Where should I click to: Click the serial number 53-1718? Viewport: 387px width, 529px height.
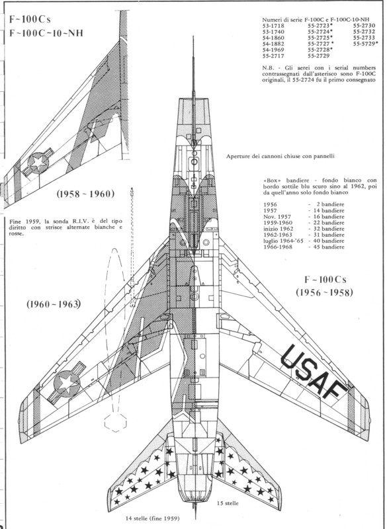click(x=273, y=26)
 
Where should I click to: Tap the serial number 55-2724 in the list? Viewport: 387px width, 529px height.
click(x=318, y=32)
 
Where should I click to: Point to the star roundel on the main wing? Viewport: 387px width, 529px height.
click(x=67, y=384)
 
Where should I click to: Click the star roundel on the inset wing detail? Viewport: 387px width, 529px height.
click(x=38, y=163)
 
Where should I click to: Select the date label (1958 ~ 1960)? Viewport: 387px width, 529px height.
click(x=85, y=194)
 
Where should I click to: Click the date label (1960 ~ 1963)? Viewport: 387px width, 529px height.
click(x=54, y=304)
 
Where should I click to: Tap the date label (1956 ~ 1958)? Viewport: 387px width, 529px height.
click(x=325, y=292)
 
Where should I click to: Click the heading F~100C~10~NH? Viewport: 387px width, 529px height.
click(x=46, y=34)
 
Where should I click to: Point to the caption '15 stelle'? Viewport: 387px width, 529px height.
click(x=228, y=503)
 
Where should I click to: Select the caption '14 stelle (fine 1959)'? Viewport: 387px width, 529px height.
click(x=153, y=518)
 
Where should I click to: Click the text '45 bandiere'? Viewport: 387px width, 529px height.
click(x=329, y=247)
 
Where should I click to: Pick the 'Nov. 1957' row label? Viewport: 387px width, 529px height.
click(x=277, y=217)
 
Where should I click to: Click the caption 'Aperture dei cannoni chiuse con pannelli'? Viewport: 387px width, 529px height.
click(x=280, y=157)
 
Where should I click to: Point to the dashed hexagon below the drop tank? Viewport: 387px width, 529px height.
click(x=115, y=422)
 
